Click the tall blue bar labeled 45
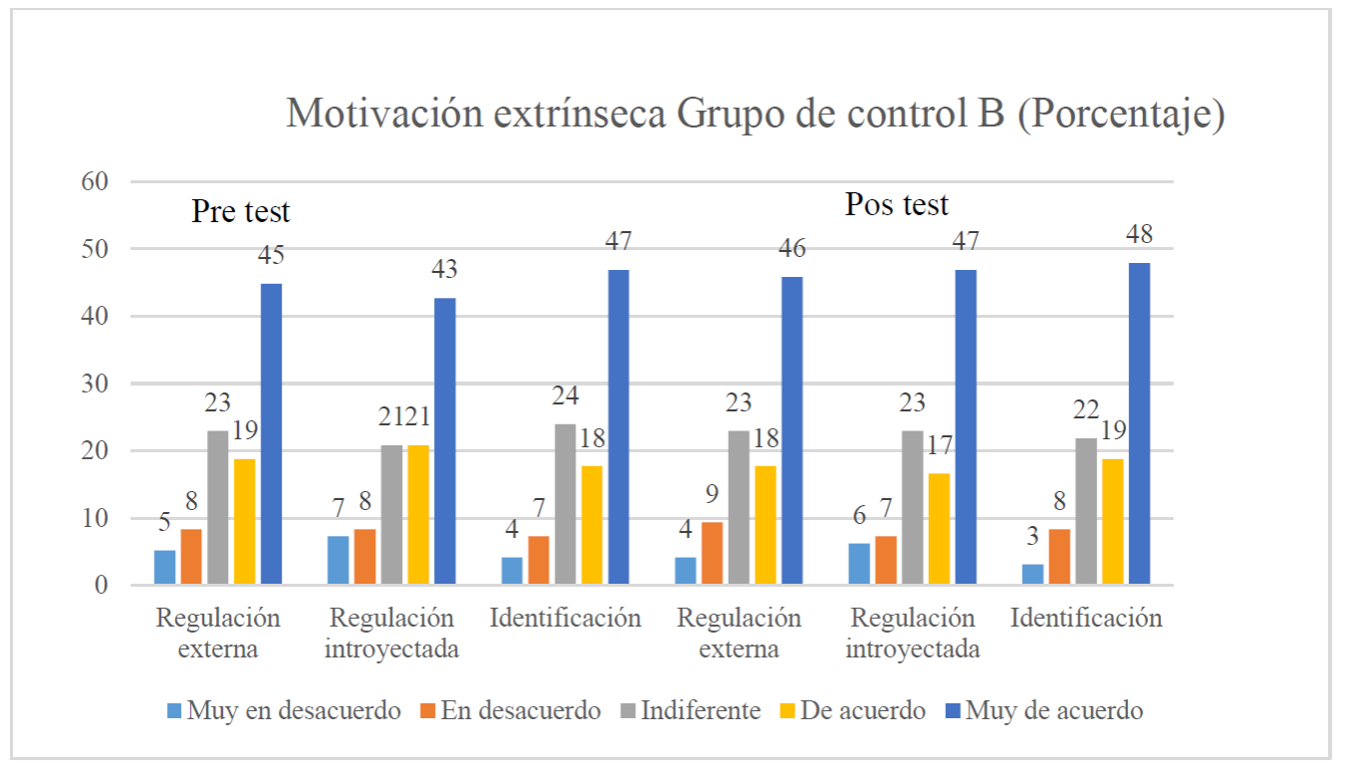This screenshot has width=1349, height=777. click(271, 433)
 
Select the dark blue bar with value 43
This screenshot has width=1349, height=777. click(445, 440)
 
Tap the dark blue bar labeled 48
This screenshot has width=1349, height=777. click(1140, 423)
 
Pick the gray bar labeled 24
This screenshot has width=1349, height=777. click(565, 503)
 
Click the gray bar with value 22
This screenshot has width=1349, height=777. click(1086, 511)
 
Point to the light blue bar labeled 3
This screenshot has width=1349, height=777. click(1033, 574)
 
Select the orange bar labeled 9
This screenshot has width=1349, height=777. click(713, 553)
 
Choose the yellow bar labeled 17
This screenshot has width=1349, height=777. click(939, 528)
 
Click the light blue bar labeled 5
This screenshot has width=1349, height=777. click(165, 567)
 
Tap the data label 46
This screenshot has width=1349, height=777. click(792, 249)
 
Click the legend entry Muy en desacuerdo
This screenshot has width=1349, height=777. click(285, 711)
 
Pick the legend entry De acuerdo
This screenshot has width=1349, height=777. click(855, 711)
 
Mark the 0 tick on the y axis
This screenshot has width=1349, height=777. click(100, 586)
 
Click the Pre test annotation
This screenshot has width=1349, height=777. click(241, 212)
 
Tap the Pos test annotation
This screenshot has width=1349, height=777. click(896, 205)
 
